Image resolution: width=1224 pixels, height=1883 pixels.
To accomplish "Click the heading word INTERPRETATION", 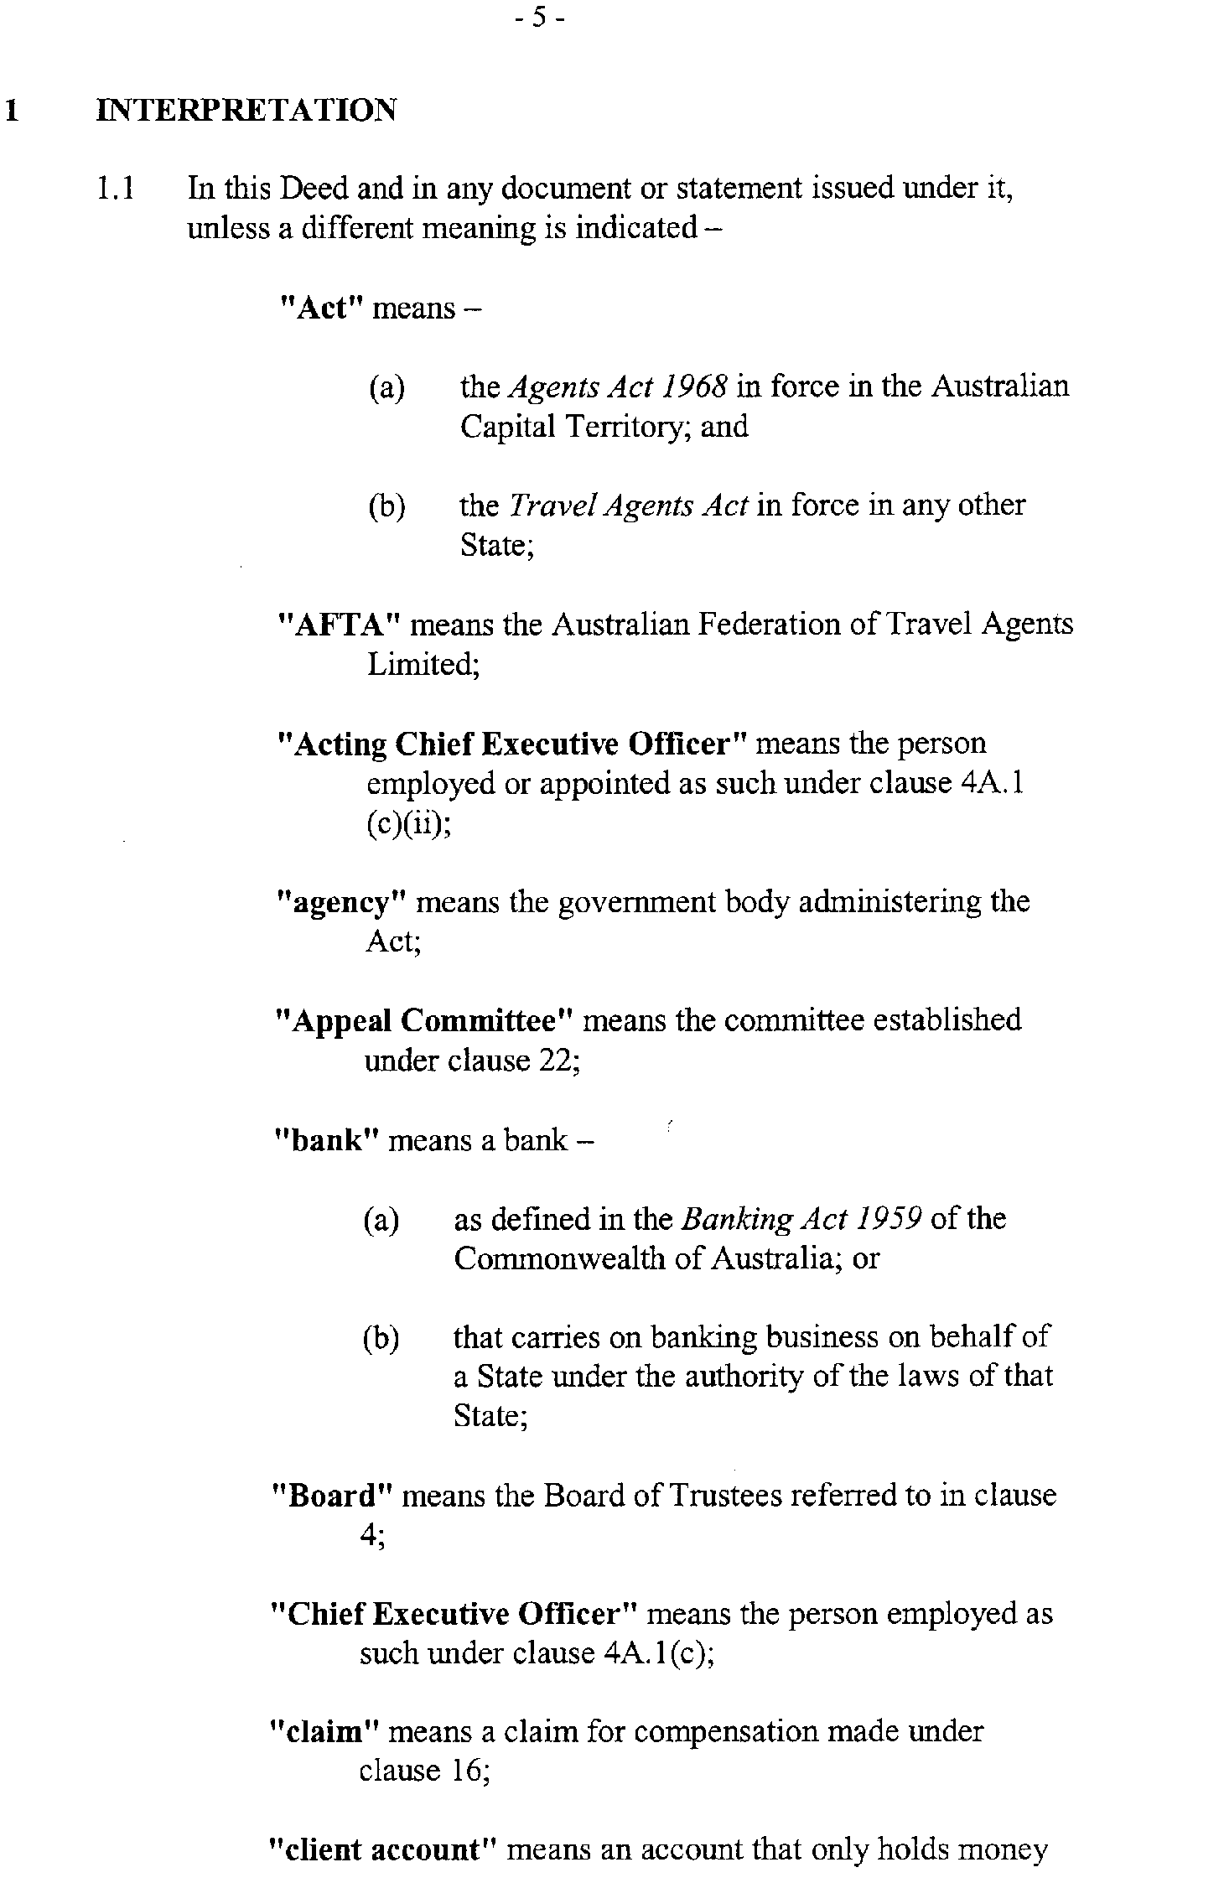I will [x=246, y=110].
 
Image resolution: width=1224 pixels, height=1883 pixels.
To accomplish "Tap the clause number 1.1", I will [x=115, y=189].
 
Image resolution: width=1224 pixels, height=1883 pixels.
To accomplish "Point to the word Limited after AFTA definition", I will [x=423, y=665].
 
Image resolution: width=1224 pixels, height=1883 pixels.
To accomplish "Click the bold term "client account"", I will [x=384, y=1850].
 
